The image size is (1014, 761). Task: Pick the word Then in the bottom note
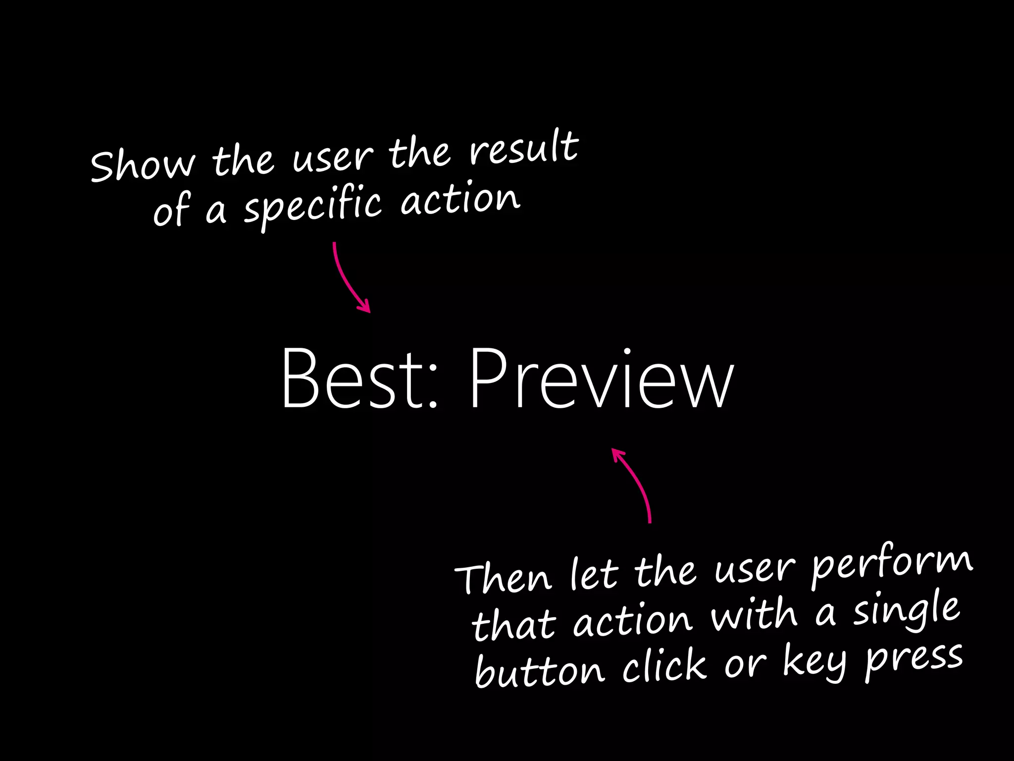tap(503, 578)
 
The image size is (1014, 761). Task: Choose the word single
tap(906, 612)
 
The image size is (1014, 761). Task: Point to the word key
tap(814, 661)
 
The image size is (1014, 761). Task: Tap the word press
tap(914, 659)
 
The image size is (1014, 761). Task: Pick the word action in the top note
tap(460, 200)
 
